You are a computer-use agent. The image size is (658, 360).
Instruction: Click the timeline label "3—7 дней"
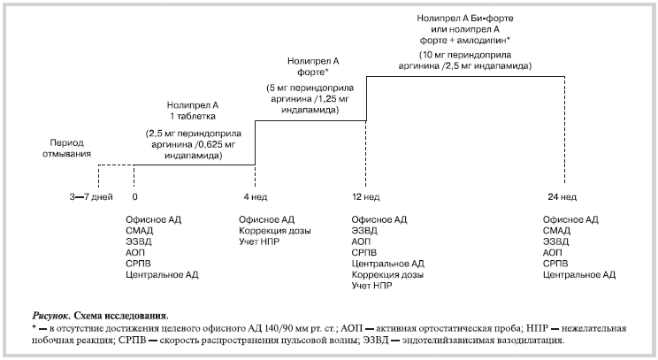coord(90,195)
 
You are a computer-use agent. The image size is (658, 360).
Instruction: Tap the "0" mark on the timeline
coord(134,195)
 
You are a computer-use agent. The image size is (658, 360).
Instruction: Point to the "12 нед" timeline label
coord(366,195)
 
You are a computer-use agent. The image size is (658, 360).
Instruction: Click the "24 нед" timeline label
coord(564,195)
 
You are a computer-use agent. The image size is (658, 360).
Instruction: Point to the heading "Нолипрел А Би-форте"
coord(466,18)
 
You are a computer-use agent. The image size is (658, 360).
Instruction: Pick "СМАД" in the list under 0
coord(140,230)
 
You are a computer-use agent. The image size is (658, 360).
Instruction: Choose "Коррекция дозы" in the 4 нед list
coord(274,230)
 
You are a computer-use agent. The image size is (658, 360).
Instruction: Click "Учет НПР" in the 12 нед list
coord(371,287)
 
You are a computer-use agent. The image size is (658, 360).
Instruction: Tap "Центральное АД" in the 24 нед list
coord(578,275)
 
